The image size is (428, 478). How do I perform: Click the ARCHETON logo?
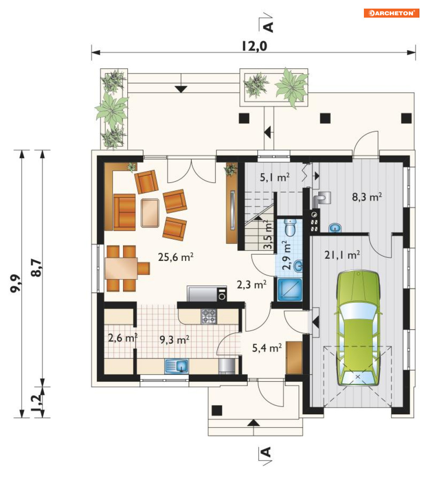391,13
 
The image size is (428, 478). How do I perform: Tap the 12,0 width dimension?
254,46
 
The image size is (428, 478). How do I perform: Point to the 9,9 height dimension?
15,284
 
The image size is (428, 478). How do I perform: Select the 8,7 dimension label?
36,268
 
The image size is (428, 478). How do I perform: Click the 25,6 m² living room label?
176,257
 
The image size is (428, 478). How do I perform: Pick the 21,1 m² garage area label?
342,254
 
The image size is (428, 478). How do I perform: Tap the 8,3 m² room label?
367,197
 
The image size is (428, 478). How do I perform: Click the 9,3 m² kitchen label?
175,339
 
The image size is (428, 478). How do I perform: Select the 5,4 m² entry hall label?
267,348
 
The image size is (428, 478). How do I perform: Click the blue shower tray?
289,289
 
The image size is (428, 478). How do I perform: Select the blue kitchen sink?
177,366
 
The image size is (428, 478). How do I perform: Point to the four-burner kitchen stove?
209,316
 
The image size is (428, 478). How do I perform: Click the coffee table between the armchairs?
150,213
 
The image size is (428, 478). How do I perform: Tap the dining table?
121,268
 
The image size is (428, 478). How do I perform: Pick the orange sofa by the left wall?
124,212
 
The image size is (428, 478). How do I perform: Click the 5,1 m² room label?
274,177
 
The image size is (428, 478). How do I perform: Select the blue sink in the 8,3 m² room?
335,228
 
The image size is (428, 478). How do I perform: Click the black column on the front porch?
217,411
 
